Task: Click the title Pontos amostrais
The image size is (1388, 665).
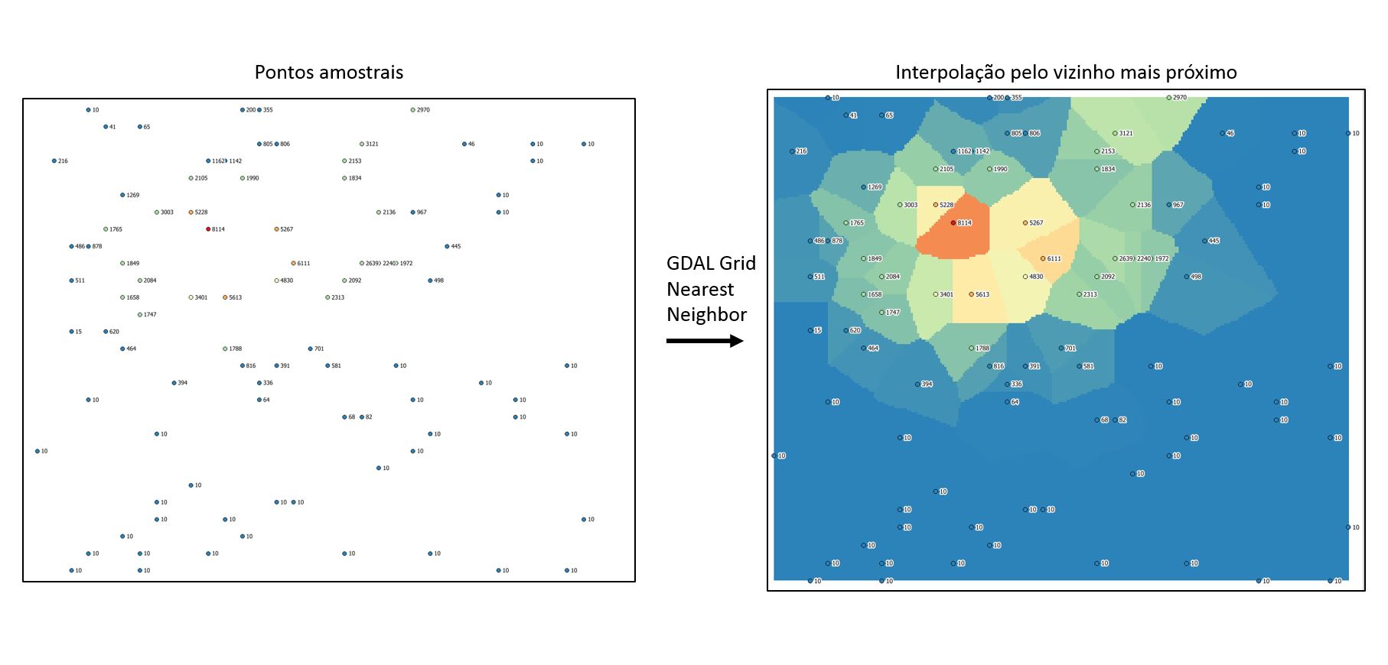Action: [x=328, y=73]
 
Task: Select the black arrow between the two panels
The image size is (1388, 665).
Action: [x=705, y=341]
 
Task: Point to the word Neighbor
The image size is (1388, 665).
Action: [x=706, y=315]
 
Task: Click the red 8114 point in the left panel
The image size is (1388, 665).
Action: [x=208, y=229]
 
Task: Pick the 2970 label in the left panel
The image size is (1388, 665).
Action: [x=423, y=110]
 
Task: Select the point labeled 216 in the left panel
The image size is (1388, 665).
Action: [x=54, y=161]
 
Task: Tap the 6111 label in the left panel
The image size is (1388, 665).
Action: [x=304, y=264]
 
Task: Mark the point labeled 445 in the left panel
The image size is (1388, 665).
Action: [x=447, y=246]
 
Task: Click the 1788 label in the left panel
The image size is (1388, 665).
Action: [x=236, y=349]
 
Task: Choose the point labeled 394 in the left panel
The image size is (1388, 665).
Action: [x=174, y=383]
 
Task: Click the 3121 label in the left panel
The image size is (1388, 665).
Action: [x=372, y=144]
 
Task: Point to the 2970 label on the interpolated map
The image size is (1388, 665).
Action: [x=1180, y=98]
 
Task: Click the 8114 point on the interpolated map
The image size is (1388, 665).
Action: [x=953, y=223]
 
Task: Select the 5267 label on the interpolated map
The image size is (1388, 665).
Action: [x=1036, y=223]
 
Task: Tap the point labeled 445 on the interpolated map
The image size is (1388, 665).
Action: [x=1204, y=241]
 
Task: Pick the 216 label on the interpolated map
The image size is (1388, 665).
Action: [x=801, y=151]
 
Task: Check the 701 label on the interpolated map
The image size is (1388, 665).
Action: [x=1070, y=349]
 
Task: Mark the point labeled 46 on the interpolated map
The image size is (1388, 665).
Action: [x=1223, y=133]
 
